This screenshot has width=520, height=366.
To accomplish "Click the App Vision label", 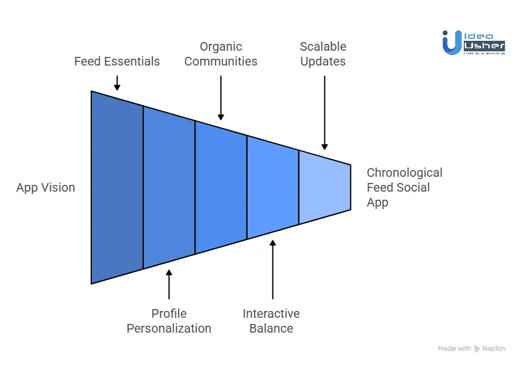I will point(46,187).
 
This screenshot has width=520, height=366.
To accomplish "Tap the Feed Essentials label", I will point(117,61).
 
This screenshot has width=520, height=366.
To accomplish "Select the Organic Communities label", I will point(220,54).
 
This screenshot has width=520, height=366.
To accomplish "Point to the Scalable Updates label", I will point(323,54).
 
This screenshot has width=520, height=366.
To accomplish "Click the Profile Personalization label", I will point(169,321).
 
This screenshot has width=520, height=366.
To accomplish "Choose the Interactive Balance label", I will point(271,321).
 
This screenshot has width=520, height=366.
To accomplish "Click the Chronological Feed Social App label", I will point(405,187).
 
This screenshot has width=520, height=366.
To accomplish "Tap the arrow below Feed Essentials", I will point(117,83).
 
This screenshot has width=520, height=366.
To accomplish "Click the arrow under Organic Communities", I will point(220,96).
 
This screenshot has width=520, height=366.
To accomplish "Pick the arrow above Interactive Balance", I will point(272,270).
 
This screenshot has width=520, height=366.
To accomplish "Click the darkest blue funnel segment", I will point(117,187).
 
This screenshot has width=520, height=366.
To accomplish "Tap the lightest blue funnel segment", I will point(324,187).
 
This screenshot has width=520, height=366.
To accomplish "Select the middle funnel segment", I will point(220,187).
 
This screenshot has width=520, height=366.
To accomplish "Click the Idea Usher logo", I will point(474,43).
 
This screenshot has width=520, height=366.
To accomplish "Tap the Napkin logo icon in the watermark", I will point(477,349).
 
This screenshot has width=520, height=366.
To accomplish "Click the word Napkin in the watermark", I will point(494,349).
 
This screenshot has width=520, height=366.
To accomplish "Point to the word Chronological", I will point(405,172).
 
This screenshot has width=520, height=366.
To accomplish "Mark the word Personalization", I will point(169,328).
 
